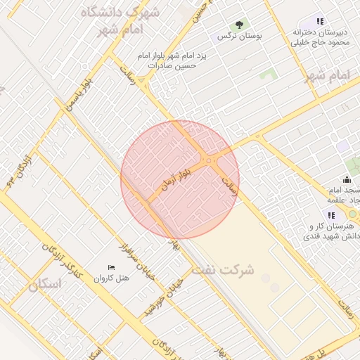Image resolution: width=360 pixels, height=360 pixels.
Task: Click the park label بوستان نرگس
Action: coord(234,36)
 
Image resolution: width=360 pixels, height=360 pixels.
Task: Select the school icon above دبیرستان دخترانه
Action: coord(320,22)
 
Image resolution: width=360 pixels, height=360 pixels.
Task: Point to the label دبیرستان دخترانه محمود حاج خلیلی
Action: coord(321,38)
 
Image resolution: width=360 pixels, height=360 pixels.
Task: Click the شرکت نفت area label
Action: coord(225,269)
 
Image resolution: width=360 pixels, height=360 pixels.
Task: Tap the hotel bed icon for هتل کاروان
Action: coord(111,267)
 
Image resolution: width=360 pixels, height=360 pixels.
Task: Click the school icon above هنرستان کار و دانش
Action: coord(330,215)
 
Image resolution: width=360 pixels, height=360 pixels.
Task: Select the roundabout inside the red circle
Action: coord(209,162)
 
